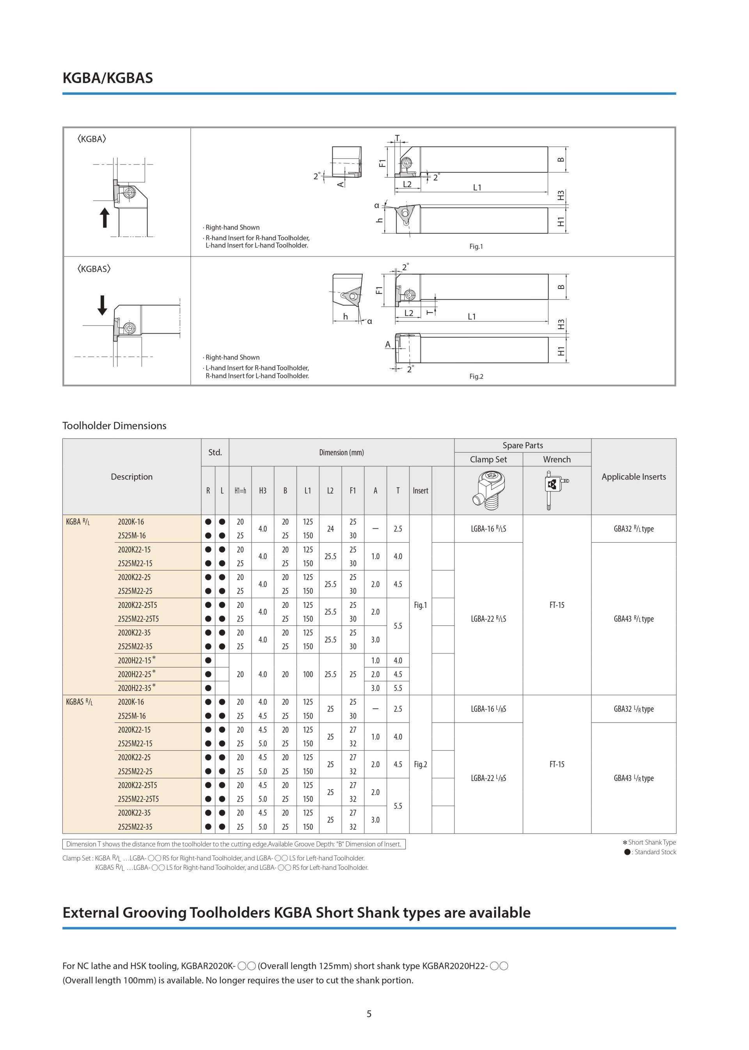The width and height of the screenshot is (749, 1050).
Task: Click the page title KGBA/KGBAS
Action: (107, 78)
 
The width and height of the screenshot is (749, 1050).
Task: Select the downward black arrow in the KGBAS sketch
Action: (102, 305)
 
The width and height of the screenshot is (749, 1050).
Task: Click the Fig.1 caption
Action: (476, 246)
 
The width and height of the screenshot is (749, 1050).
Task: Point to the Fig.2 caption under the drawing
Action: (476, 377)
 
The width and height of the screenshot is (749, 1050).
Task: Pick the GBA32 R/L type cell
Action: (633, 529)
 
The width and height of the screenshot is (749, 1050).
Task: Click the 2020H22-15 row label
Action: (135, 660)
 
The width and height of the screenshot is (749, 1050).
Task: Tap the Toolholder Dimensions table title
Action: (114, 425)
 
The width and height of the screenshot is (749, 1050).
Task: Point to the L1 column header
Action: (308, 490)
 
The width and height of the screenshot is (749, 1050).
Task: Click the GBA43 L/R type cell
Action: (633, 778)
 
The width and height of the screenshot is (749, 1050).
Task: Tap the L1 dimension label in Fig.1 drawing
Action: (477, 188)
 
